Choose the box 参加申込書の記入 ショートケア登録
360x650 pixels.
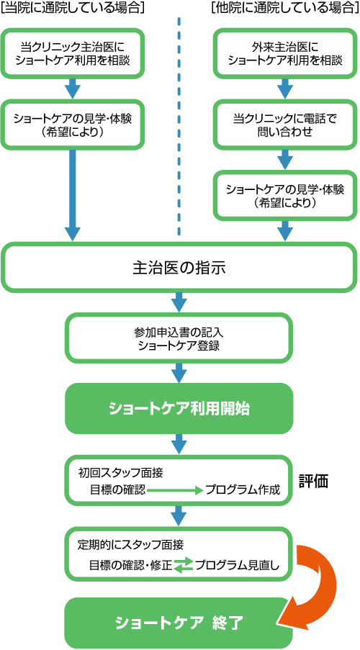pyautogui.click(x=179, y=339)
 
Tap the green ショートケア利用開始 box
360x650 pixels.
pyautogui.click(x=179, y=408)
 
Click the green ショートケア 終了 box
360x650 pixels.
pyautogui.click(x=179, y=621)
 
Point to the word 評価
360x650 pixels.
pyautogui.click(x=314, y=482)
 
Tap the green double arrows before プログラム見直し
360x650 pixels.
pyautogui.click(x=183, y=566)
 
